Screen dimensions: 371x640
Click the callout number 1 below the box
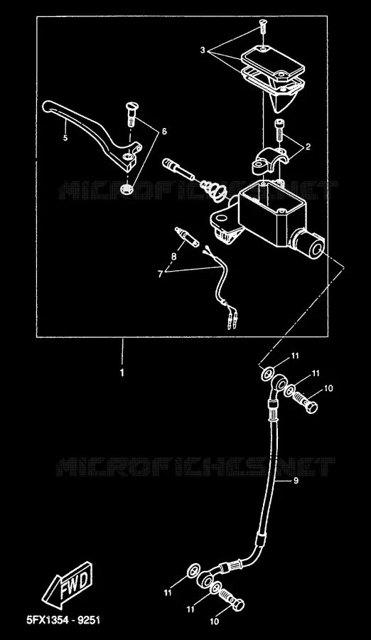[x=122, y=373]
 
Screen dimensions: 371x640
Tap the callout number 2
[x=308, y=146]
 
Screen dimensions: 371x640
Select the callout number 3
[x=203, y=50]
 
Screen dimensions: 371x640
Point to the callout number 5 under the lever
[x=65, y=137]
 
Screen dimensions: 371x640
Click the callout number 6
[x=164, y=132]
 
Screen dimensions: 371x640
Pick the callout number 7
[x=160, y=274]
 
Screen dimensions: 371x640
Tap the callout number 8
[x=174, y=257]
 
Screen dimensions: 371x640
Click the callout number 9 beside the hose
[x=296, y=481]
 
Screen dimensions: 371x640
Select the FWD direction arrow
[x=68, y=583]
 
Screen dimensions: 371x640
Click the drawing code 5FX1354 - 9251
[x=63, y=620]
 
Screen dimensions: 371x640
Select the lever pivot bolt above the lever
[x=131, y=113]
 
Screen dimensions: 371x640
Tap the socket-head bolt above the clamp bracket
[x=279, y=130]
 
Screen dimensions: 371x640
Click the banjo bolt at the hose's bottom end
[x=232, y=601]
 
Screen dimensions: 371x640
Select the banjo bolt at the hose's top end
[x=305, y=401]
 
